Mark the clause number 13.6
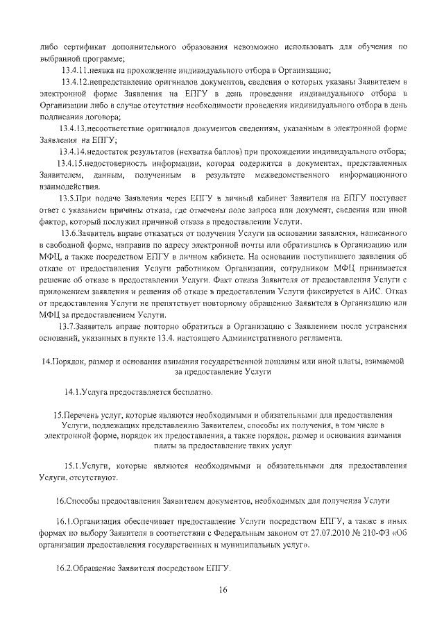coord(71,234)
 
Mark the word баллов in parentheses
coord(258,152)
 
